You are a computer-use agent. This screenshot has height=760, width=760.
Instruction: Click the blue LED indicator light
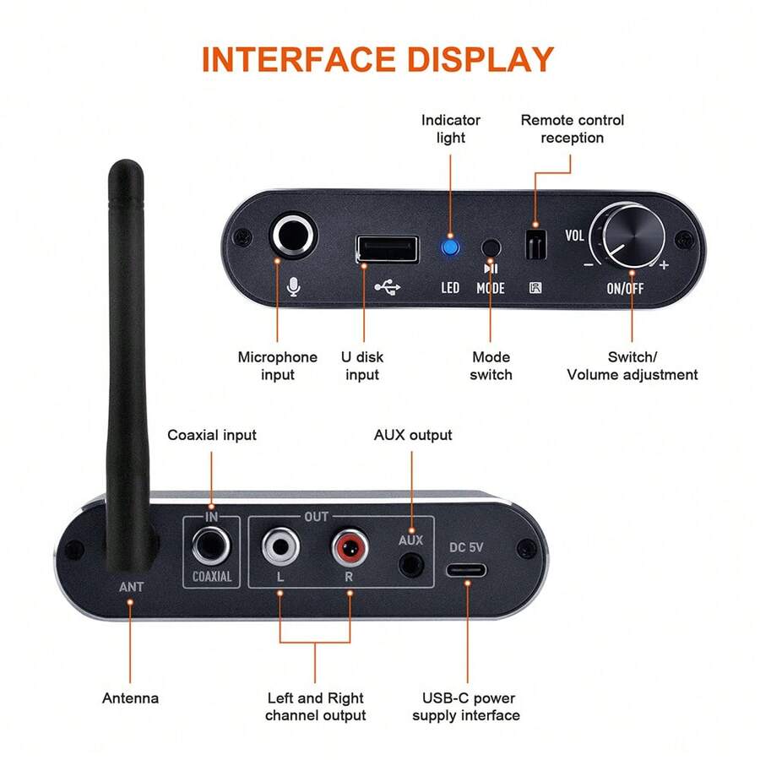[450, 247]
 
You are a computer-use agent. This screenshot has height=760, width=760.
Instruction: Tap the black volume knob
[633, 236]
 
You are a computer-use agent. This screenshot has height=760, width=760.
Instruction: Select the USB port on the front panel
[388, 249]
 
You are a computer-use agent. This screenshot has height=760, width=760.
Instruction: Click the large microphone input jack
[293, 236]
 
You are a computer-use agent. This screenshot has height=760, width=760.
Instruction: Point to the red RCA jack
[350, 548]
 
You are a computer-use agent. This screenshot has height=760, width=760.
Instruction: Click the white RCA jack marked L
[280, 546]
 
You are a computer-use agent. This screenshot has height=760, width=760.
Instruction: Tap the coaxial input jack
[211, 546]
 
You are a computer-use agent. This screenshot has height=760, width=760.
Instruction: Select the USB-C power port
[466, 570]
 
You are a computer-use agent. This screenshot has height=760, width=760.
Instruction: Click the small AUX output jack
[411, 565]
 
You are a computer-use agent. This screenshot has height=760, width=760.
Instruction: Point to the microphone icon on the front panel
[293, 286]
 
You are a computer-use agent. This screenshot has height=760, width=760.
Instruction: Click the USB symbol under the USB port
[388, 287]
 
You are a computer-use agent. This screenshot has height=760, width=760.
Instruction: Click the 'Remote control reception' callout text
[572, 129]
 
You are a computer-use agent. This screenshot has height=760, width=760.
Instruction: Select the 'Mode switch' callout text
[491, 366]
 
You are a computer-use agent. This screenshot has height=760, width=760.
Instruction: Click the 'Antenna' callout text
[130, 698]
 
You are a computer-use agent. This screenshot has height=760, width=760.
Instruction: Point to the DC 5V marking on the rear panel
[466, 547]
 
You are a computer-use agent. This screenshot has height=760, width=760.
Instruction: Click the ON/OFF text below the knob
[625, 289]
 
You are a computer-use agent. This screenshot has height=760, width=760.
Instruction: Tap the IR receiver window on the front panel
[535, 244]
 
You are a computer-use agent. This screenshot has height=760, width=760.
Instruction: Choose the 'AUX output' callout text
[413, 435]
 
